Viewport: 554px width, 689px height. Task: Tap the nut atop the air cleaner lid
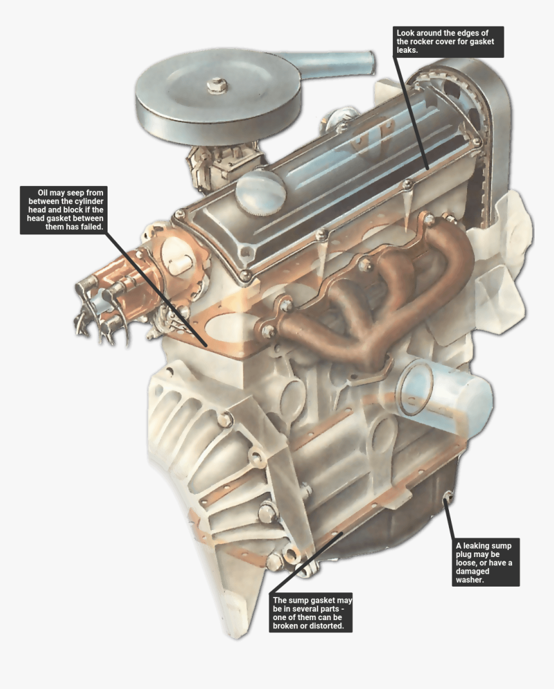(218, 84)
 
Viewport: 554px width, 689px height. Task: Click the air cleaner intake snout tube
(348, 65)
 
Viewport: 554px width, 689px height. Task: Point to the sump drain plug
(448, 496)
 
